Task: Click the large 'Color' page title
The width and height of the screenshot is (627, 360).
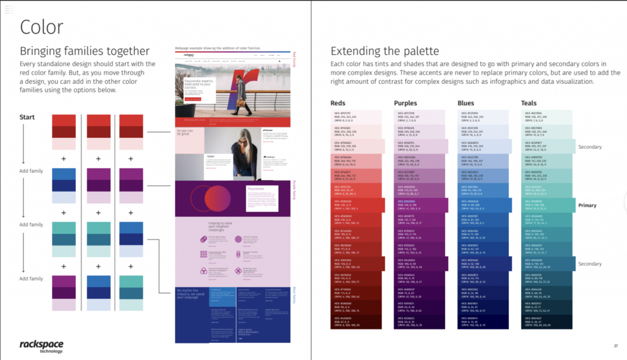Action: pyautogui.click(x=42, y=27)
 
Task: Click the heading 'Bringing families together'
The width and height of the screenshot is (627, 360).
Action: pyautogui.click(x=84, y=51)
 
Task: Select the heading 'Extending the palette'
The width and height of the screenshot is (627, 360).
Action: pyautogui.click(x=385, y=51)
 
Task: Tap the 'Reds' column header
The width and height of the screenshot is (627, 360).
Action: pyautogui.click(x=338, y=103)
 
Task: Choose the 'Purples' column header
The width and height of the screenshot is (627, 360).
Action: pyautogui.click(x=405, y=103)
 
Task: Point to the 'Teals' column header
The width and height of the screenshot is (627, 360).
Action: pyautogui.click(x=530, y=103)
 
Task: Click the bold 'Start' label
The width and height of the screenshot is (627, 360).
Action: pyautogui.click(x=28, y=117)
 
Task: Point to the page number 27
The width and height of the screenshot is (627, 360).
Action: pyautogui.click(x=615, y=346)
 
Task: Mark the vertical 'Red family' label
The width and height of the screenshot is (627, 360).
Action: pyautogui.click(x=296, y=59)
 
